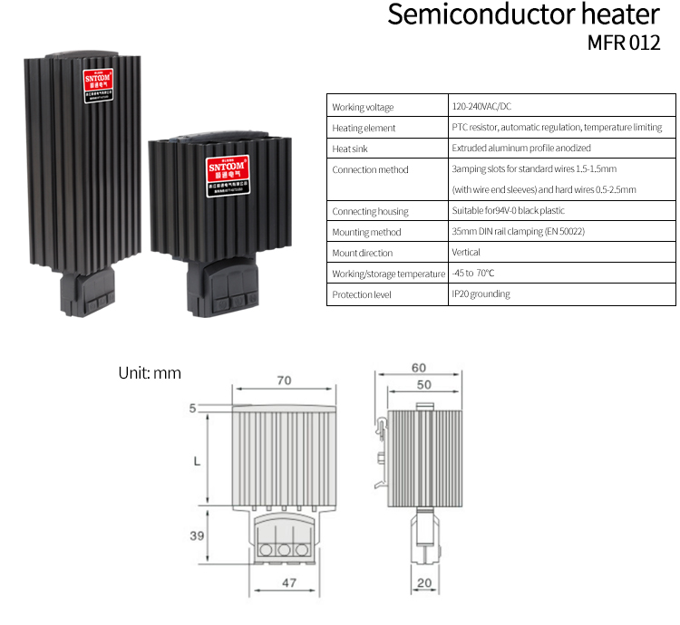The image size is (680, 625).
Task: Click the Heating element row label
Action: (364, 129)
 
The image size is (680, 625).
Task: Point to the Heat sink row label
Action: (351, 149)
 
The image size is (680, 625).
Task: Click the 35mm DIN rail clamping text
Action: (518, 232)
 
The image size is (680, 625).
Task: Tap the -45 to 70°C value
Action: (472, 273)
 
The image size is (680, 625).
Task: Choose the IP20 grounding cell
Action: (481, 293)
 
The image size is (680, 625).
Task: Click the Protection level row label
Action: (363, 294)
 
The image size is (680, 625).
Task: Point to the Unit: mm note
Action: (150, 372)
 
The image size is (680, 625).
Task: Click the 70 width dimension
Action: (284, 380)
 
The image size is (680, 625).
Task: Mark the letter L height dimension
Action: (197, 460)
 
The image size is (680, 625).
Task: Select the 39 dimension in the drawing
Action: (196, 535)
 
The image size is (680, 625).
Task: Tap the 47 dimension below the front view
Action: (288, 583)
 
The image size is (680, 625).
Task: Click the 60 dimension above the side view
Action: (418, 368)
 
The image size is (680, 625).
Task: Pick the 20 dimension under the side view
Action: (424, 583)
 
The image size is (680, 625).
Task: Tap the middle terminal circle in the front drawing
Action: (284, 549)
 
